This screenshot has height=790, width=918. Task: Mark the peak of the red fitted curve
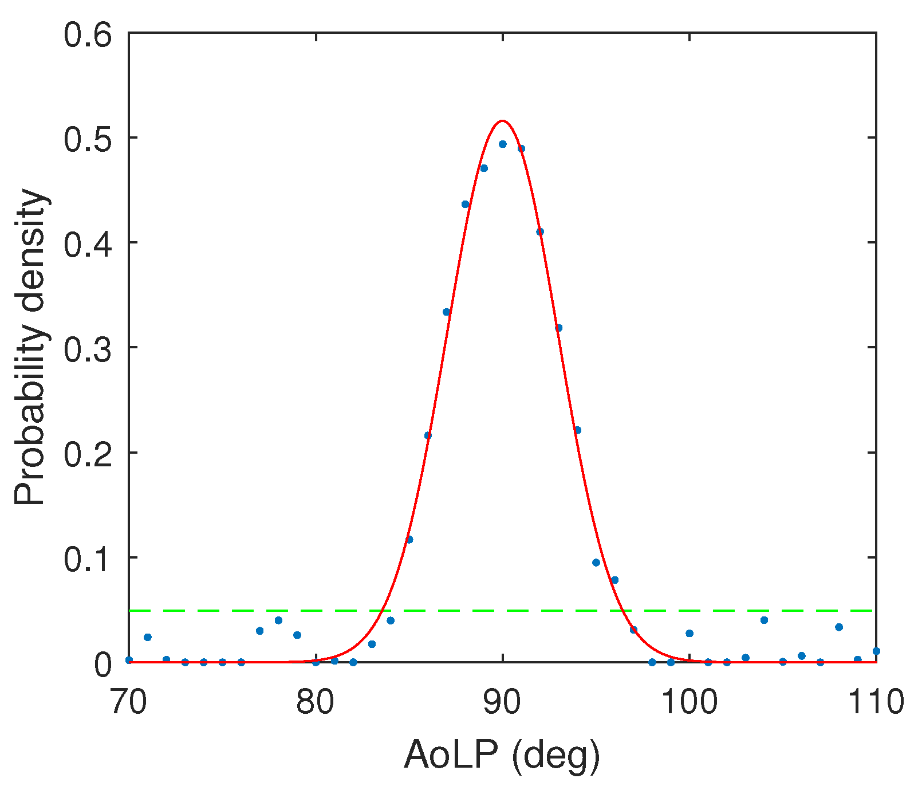(x=502, y=121)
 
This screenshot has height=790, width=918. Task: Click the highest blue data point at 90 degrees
(x=503, y=144)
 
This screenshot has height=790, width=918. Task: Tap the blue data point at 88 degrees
(x=465, y=204)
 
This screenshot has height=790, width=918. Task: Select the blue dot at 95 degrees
(x=596, y=563)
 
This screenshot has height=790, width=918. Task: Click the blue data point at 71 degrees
(x=148, y=637)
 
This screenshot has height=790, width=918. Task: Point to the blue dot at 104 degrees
(x=764, y=620)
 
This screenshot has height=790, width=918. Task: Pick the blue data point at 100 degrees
(x=690, y=634)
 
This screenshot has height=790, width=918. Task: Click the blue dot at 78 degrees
(x=278, y=620)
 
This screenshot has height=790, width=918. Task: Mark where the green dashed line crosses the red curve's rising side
(x=382, y=611)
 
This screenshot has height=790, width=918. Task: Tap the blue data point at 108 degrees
(x=839, y=627)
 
